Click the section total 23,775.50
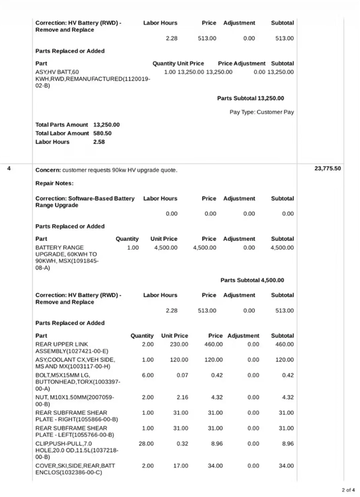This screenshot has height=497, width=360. coord(328,168)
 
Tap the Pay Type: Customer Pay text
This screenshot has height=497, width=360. coord(262,112)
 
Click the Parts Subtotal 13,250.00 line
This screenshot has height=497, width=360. coord(251,98)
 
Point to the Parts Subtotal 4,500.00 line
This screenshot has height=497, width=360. coord(252,280)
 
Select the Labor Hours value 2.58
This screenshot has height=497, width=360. coord(99,142)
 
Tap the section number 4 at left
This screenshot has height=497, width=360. coord(9,168)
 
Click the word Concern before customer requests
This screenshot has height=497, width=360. coord(47,170)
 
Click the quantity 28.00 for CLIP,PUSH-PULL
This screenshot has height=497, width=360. coord(146,444)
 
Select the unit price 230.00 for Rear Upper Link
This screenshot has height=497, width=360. coord(179,344)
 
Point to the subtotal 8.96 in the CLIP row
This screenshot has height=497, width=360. coord(287,444)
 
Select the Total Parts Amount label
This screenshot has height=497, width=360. coord(62,125)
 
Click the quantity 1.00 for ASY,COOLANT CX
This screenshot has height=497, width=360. coord(148,360)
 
